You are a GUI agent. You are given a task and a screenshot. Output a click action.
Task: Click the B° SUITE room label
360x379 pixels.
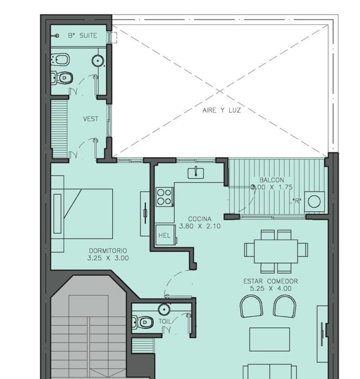[x=82, y=36]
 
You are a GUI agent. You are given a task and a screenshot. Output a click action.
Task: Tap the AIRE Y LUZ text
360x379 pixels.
[x=221, y=110]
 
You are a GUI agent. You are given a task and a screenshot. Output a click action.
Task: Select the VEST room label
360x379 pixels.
[x=90, y=119]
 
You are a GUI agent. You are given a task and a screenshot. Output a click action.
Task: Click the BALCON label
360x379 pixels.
[x=271, y=180]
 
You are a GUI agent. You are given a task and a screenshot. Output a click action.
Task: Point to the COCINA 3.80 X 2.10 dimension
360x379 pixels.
[x=200, y=226]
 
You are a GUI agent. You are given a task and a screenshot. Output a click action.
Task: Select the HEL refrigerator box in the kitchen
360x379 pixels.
[x=165, y=235]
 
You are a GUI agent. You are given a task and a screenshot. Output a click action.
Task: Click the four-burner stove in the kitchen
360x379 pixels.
[x=164, y=196]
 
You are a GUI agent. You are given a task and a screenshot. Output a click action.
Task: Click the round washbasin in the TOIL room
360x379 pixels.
[x=164, y=309]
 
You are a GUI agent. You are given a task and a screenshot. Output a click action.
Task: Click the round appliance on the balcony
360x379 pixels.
[x=314, y=201]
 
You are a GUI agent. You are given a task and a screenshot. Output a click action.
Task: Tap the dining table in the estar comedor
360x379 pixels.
[x=276, y=250]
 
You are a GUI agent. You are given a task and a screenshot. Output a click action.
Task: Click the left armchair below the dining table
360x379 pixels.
[x=251, y=306]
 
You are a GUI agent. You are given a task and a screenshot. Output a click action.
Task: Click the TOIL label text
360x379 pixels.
[x=165, y=321]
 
